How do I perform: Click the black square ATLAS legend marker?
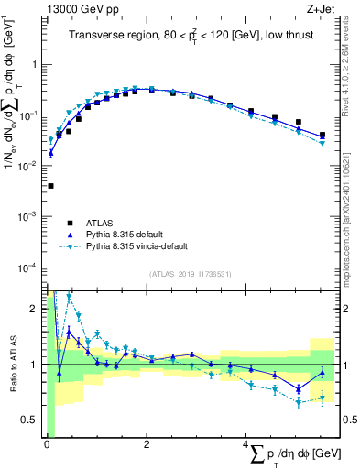[69, 223]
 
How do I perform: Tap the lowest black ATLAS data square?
[50, 186]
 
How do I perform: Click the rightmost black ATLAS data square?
[322, 136]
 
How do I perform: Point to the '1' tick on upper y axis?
[36, 65]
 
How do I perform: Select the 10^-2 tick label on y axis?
[30, 166]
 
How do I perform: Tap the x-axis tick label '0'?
[47, 444]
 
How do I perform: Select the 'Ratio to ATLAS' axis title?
[12, 364]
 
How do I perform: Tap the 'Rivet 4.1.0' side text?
[350, 73]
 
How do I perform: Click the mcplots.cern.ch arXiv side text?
[350, 211]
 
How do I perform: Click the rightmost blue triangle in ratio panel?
[322, 372]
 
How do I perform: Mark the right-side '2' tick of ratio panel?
[349, 309]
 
